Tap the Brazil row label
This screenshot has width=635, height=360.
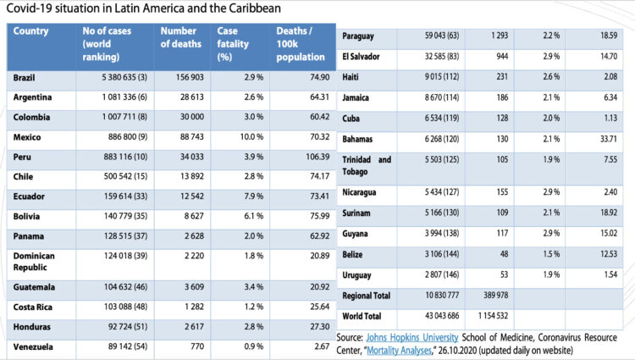tap(25, 77)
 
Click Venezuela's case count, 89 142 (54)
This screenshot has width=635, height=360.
tap(113, 346)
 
